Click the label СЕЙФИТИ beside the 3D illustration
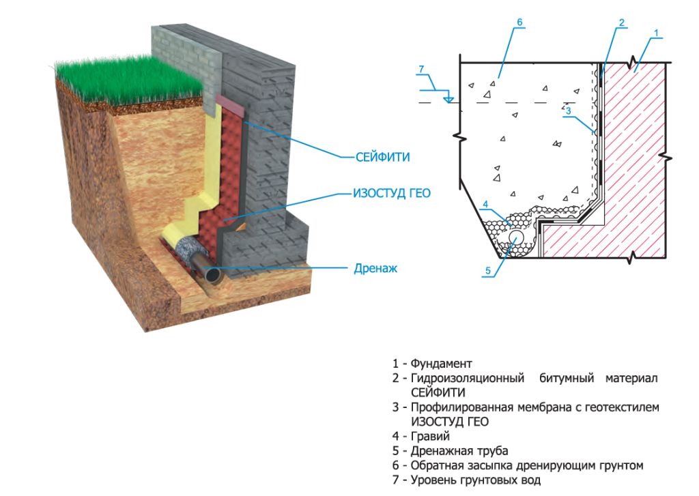382,157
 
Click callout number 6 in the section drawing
519,23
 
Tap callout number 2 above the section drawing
621,23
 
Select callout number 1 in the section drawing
656,33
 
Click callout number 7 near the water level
421,68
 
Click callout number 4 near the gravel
485,204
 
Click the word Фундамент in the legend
441,364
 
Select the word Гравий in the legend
430,436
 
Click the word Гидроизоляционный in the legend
467,378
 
